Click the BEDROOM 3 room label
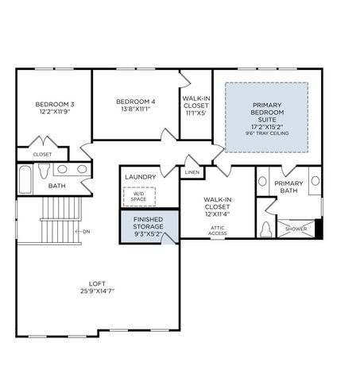pos(54,105)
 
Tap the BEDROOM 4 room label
pos(135,102)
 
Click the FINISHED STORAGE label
pos(148,221)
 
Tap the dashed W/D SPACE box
pos(139,195)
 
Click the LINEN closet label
pos(192,172)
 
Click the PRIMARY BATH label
pos(289,187)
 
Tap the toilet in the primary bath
pos(266,229)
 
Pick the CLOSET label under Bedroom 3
pos(41,154)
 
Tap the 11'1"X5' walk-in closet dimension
pos(195,113)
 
